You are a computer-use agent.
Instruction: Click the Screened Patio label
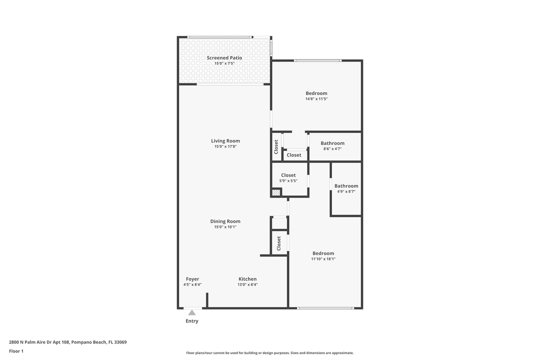coord(224,58)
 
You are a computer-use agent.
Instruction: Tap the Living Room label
coord(225,141)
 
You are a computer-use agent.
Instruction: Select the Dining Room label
coord(225,221)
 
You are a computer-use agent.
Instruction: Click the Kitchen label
coord(247,279)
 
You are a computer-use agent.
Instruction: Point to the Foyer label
coord(192,279)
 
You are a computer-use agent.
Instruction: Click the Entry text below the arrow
coord(192,321)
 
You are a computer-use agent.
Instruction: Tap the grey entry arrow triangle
coord(192,312)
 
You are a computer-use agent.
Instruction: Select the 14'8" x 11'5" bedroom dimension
coord(316,99)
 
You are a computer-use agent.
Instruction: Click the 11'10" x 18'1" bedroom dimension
coord(323,259)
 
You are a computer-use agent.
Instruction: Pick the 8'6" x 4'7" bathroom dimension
coord(332,148)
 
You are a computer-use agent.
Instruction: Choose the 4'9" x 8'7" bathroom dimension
coord(346,191)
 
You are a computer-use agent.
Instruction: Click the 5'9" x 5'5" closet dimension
coord(288,180)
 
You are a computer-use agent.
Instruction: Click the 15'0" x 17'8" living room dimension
coord(225,146)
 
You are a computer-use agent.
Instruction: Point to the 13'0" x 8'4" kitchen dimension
coord(247,284)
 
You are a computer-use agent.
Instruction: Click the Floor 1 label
coord(16,351)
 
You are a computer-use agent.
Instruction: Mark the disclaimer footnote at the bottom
coord(270,352)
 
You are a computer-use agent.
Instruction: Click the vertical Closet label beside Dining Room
coord(279,243)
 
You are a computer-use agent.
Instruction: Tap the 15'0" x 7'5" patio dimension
coord(224,63)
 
